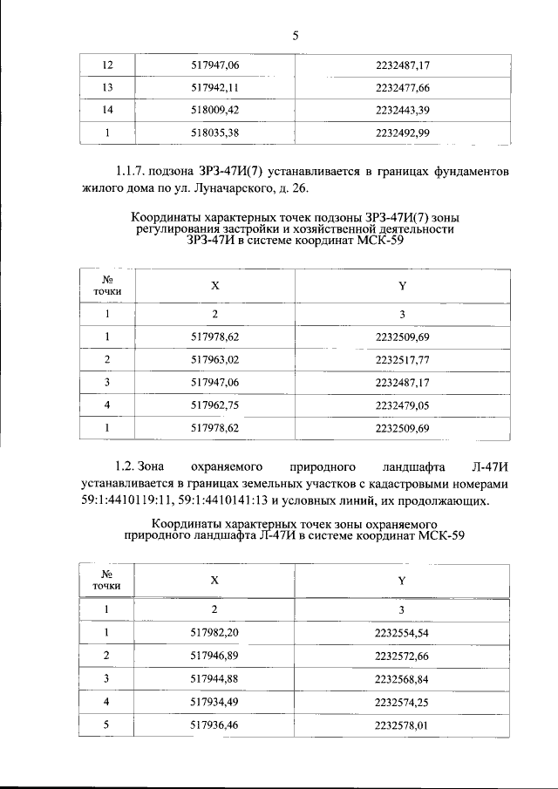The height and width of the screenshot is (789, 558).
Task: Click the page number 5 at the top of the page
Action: pos(296,36)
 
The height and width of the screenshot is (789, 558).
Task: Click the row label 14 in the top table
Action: pos(109,111)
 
